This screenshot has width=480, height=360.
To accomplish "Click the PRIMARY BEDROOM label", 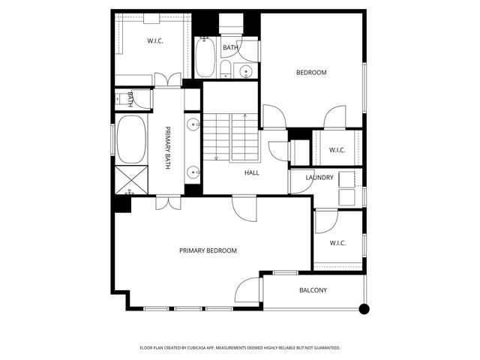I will [x=208, y=250].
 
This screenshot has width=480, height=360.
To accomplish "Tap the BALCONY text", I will [x=313, y=290].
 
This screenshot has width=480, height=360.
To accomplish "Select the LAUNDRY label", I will [x=319, y=178].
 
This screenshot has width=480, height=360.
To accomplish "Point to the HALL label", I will [x=251, y=172].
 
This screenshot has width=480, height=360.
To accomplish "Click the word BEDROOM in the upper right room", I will [x=311, y=73].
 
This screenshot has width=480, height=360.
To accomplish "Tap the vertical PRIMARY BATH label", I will [x=168, y=148].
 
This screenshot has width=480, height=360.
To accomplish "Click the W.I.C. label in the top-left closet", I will [x=155, y=40].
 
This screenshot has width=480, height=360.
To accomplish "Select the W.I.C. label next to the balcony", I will [x=337, y=242].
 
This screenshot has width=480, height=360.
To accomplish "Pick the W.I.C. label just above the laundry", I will [x=337, y=150].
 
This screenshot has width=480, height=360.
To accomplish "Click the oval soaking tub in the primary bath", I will [x=132, y=139].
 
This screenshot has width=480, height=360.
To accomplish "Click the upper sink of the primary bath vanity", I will [x=193, y=124].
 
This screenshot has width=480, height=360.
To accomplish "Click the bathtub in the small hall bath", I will [x=205, y=58].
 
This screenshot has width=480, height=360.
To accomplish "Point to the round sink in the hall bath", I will [x=245, y=71].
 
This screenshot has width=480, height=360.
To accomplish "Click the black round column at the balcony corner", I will [x=364, y=308].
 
